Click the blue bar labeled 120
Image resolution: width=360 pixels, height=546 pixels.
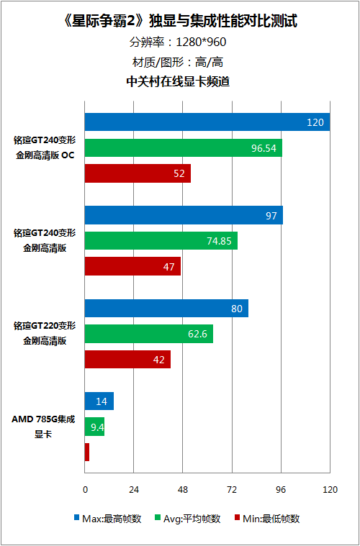pyautogui.click(x=207, y=122)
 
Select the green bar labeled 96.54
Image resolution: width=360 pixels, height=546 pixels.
pyautogui.click(x=184, y=147)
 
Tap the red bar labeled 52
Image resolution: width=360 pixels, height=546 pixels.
pyautogui.click(x=138, y=173)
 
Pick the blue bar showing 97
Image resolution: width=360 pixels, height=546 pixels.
pyautogui.click(x=184, y=215)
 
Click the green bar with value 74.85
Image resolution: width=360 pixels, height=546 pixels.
pyautogui.click(x=161, y=240)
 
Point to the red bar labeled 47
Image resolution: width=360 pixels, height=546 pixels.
pyautogui.click(x=132, y=266)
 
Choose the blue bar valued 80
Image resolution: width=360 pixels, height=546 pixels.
pyautogui.click(x=166, y=308)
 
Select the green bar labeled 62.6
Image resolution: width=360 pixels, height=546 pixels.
pyautogui.click(x=149, y=334)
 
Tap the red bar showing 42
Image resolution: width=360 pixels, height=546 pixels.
pyautogui.click(x=127, y=360)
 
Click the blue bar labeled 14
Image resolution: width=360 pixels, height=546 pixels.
pyautogui.click(x=99, y=401)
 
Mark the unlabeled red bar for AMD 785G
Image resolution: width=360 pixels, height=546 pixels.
pyautogui.click(x=87, y=452)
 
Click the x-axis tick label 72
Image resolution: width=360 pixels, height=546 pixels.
pyautogui.click(x=232, y=490)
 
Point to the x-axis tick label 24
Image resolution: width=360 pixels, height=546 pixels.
pyautogui.click(x=134, y=490)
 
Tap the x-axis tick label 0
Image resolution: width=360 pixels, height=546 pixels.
pyautogui.click(x=85, y=490)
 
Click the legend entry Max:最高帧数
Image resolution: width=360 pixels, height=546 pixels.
pyautogui.click(x=108, y=519)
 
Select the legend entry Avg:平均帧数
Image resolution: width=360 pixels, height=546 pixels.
pyautogui.click(x=187, y=519)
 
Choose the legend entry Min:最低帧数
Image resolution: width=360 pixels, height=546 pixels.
pyautogui.click(x=267, y=519)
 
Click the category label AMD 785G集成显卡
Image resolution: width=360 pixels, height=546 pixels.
pyautogui.click(x=43, y=427)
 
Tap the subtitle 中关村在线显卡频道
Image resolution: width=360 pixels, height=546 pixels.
pyautogui.click(x=178, y=81)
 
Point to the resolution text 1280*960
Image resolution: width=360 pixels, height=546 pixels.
pyautogui.click(x=201, y=42)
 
